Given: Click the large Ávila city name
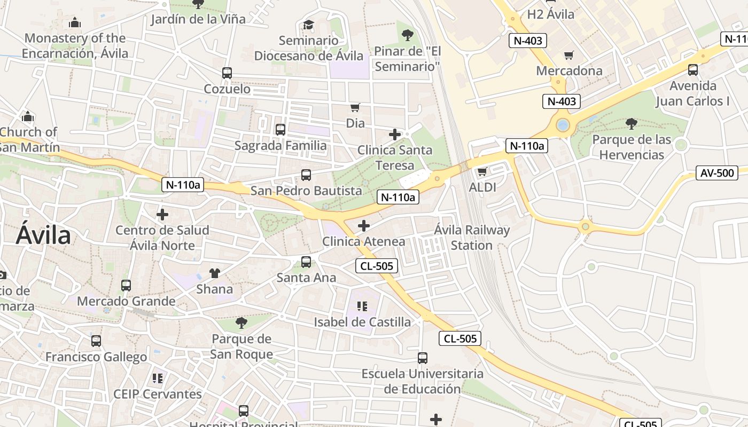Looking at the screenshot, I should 43,235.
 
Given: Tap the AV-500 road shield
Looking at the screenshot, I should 716,172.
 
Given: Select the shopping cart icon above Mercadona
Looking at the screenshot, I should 569,56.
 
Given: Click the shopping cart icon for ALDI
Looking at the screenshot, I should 482,171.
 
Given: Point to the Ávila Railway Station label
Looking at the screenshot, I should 472,238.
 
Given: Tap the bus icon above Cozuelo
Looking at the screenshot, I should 227,73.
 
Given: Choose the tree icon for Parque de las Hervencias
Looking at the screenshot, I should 631,124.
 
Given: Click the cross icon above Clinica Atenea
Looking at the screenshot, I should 364,226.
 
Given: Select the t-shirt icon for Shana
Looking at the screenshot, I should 215,273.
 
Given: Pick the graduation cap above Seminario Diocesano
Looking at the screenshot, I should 308,25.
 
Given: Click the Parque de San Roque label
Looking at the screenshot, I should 241,346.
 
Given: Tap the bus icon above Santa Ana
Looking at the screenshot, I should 306,262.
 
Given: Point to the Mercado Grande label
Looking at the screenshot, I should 126,301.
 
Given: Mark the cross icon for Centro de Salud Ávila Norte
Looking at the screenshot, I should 162,215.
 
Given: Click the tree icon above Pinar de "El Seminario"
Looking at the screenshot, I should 408,35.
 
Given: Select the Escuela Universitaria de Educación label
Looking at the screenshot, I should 422,381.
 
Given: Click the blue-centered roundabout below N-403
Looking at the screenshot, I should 562,125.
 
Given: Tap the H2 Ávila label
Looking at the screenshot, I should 550,14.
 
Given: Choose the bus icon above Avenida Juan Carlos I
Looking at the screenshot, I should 693,69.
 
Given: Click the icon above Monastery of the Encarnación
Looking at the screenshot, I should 75,22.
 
